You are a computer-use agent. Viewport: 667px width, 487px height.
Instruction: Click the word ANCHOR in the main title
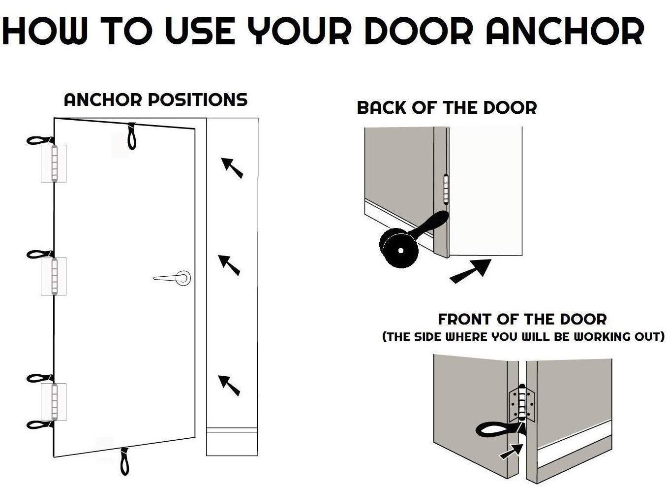point(565,31)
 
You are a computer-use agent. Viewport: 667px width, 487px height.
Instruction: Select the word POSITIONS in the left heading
point(198,99)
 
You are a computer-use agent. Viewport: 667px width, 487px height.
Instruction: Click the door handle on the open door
point(173,278)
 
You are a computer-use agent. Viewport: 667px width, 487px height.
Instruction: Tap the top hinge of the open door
point(54,163)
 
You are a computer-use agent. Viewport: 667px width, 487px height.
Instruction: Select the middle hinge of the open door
point(54,276)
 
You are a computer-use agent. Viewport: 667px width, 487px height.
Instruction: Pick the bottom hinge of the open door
point(54,402)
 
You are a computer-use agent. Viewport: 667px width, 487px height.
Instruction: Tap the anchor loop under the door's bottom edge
point(124,461)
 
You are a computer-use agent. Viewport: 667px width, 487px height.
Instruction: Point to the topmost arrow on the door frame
point(232,168)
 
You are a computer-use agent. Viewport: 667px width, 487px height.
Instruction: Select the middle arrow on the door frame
point(229,265)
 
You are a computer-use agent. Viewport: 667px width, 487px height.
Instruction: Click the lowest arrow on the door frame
point(229,386)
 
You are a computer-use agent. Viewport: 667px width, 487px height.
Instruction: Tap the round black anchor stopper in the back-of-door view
point(399,248)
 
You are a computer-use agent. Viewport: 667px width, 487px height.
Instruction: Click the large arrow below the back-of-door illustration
point(470,271)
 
